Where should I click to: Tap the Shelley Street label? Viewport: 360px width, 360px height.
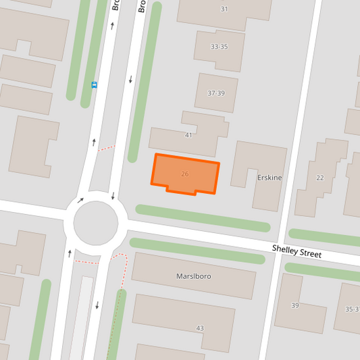[297, 251]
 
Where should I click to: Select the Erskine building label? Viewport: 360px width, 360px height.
[269, 178]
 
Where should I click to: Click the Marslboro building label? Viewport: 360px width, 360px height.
[195, 276]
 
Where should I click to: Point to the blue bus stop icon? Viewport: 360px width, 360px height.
[94, 85]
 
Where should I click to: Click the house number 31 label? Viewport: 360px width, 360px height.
[224, 9]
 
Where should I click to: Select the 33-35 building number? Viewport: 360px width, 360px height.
[219, 47]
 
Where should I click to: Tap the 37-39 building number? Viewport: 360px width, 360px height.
[216, 93]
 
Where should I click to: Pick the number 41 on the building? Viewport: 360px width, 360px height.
[188, 135]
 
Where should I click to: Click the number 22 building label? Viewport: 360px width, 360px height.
[320, 178]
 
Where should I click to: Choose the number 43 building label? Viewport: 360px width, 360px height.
[200, 328]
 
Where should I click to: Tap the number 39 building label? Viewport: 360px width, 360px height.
[294, 306]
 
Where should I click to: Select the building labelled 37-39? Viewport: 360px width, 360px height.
[216, 101]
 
